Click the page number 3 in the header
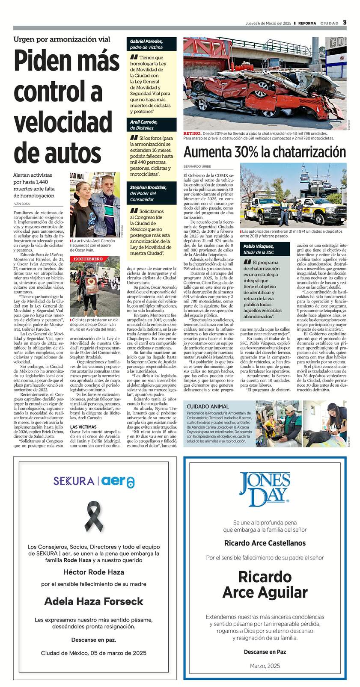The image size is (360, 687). click(344, 23)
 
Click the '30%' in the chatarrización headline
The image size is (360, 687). click(245, 152)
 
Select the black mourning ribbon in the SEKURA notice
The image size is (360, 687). click(95, 517)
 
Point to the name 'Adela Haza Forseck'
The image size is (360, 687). click(94, 601)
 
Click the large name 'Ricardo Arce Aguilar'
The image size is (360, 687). click(265, 584)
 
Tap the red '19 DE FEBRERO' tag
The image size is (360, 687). click(88, 259)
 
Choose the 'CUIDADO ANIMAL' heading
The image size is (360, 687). click(208, 406)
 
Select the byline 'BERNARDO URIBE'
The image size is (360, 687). click(197, 166)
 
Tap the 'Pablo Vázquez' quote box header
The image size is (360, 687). click(259, 249)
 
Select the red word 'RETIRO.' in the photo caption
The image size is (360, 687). click(192, 133)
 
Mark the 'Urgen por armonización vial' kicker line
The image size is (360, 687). click(62, 39)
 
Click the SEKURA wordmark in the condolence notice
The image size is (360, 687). click(74, 481)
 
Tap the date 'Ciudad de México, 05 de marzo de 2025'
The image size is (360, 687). click(94, 653)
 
